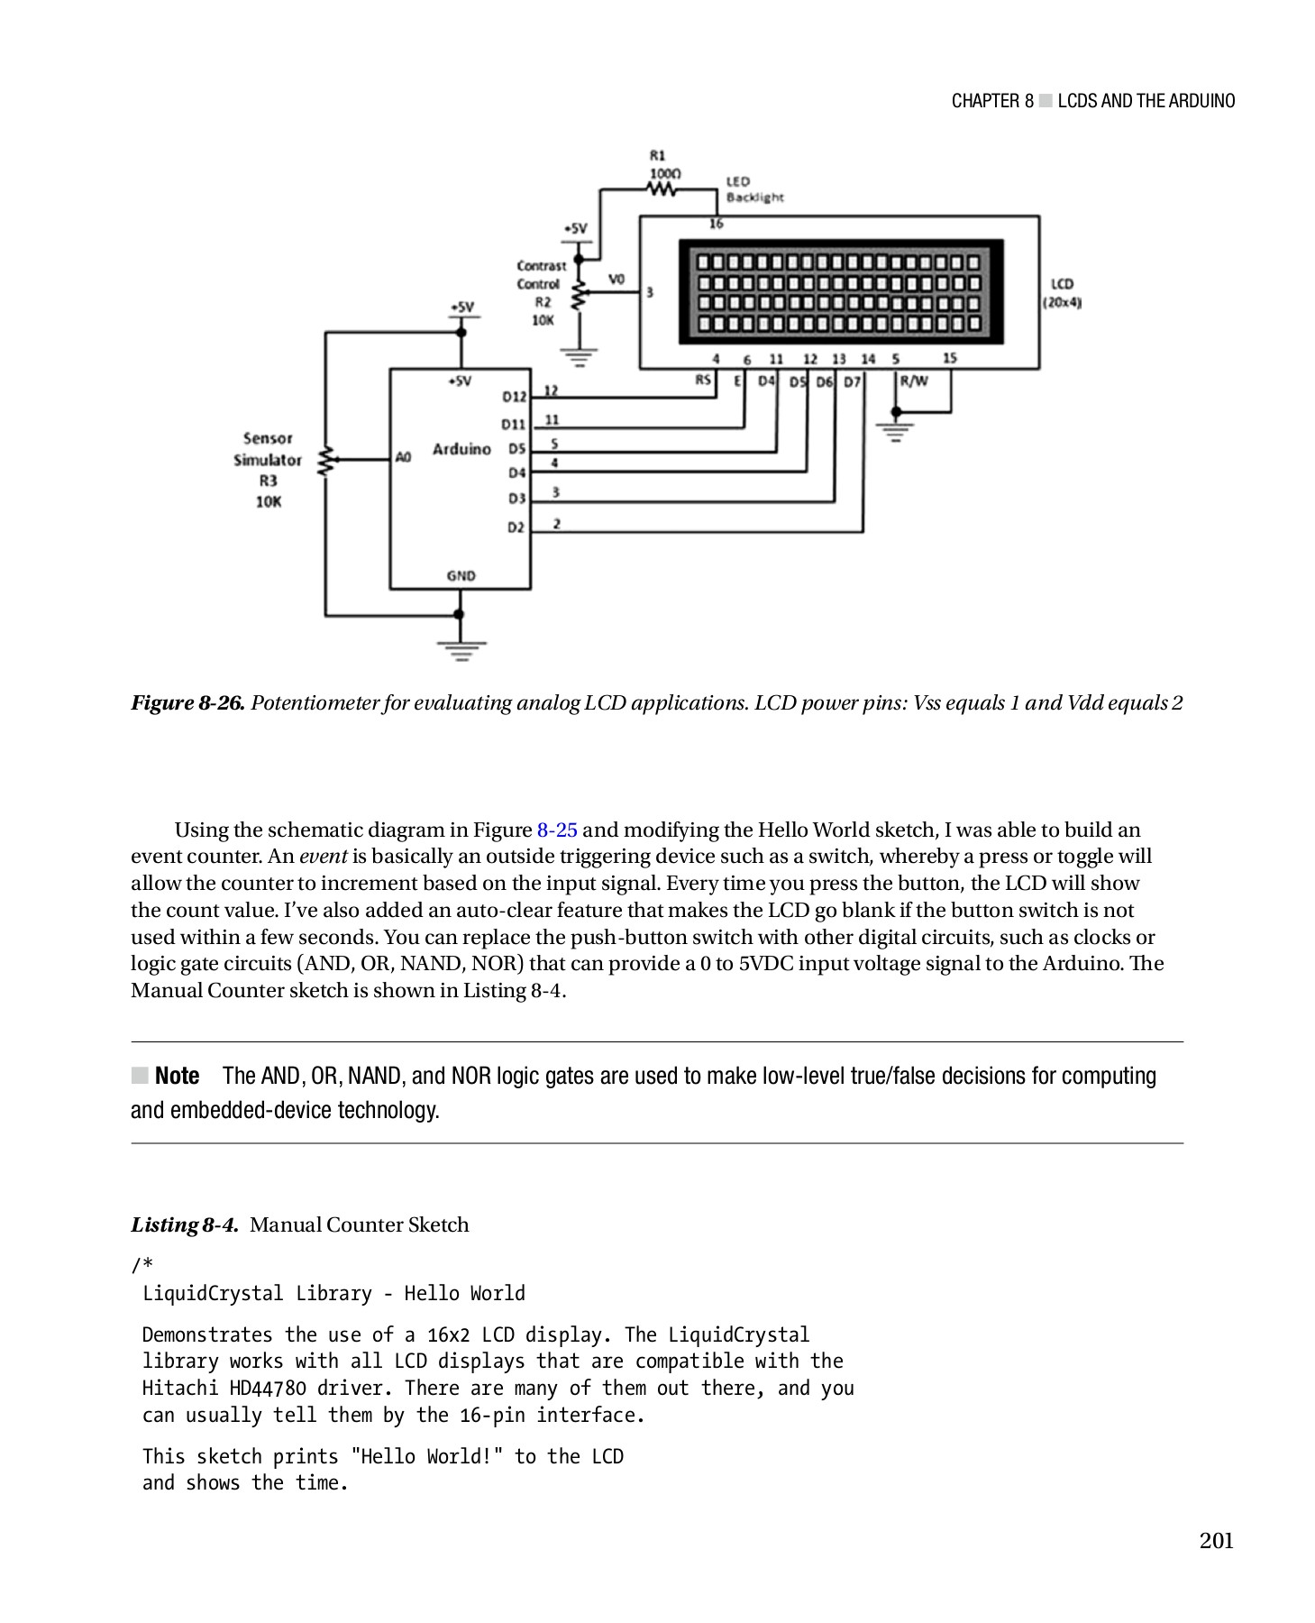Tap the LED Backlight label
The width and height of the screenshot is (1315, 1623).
pos(754,189)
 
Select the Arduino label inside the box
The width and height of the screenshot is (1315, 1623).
pos(461,449)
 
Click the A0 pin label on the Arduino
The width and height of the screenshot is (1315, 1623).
pos(403,457)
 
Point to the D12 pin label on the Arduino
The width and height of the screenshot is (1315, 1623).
pos(514,397)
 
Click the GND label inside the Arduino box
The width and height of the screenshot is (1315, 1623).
pos(461,575)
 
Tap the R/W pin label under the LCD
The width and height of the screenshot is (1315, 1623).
pos(914,381)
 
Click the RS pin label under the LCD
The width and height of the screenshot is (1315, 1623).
pos(703,381)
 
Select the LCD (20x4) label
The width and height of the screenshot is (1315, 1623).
pos(1062,293)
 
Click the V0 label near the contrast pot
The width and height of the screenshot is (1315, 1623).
pos(616,280)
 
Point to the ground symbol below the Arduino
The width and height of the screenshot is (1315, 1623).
pos(461,650)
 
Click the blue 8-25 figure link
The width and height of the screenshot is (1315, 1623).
pos(557,830)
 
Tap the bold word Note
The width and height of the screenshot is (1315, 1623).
pos(177,1076)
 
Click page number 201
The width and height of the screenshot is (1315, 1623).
pos(1216,1540)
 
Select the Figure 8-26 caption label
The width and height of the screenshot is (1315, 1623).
pos(187,703)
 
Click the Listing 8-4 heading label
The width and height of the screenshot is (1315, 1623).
pos(185,1224)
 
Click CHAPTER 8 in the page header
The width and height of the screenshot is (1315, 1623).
pos(991,101)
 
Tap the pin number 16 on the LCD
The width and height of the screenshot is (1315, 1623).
pos(716,224)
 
